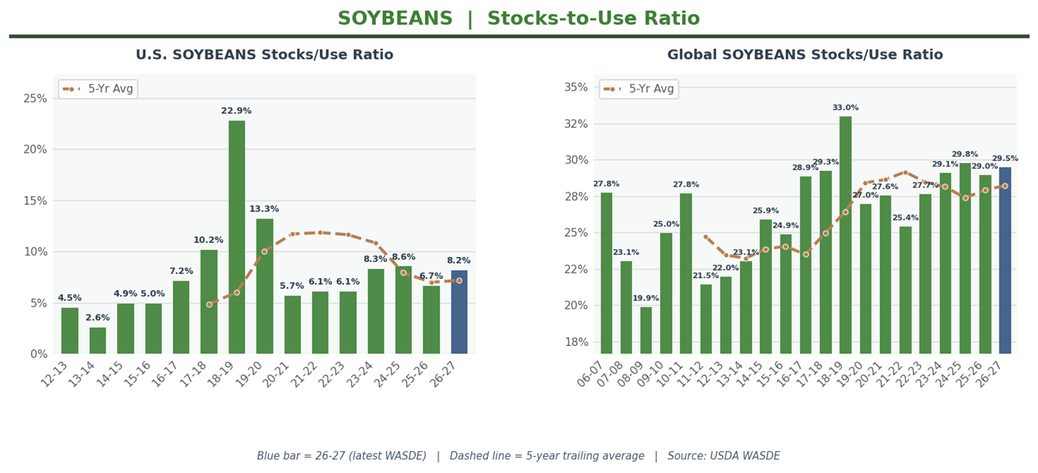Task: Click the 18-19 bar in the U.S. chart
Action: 236,237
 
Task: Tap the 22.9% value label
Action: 236,111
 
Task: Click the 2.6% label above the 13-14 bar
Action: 97,318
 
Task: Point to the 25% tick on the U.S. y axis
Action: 35,98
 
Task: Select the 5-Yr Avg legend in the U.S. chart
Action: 98,89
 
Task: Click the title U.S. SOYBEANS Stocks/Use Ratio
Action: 264,55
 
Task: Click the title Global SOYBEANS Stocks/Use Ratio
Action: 805,55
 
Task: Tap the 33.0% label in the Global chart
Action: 845,108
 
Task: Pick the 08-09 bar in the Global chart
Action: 646,330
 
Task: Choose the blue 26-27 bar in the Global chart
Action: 1005,260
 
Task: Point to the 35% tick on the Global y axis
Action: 577,87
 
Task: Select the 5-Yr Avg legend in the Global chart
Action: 639,89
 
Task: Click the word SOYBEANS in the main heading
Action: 395,19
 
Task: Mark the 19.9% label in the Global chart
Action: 646,299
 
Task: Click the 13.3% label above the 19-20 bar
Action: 264,209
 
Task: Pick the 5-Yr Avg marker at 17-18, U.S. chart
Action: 209,305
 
